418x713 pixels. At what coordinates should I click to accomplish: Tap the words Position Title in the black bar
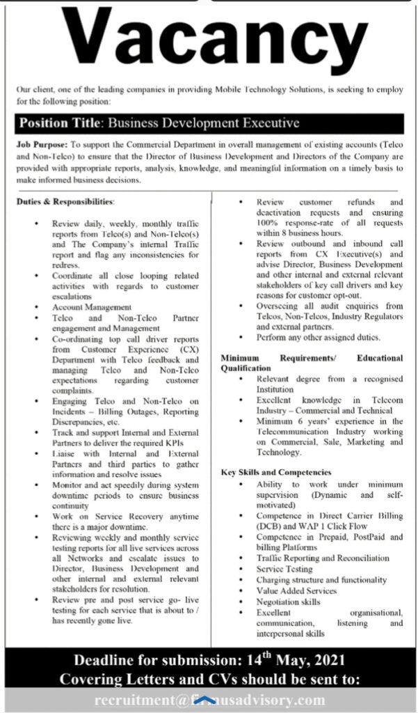coord(59,123)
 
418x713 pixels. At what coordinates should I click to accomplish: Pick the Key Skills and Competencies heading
coord(276,472)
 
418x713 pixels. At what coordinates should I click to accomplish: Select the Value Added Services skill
coord(296,590)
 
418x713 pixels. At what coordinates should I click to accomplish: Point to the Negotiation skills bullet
coord(289,602)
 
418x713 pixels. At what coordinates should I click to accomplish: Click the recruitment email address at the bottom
coord(209,700)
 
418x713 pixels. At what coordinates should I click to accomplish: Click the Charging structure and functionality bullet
coord(321,579)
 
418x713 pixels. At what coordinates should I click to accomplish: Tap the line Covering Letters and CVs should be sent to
coord(209,679)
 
